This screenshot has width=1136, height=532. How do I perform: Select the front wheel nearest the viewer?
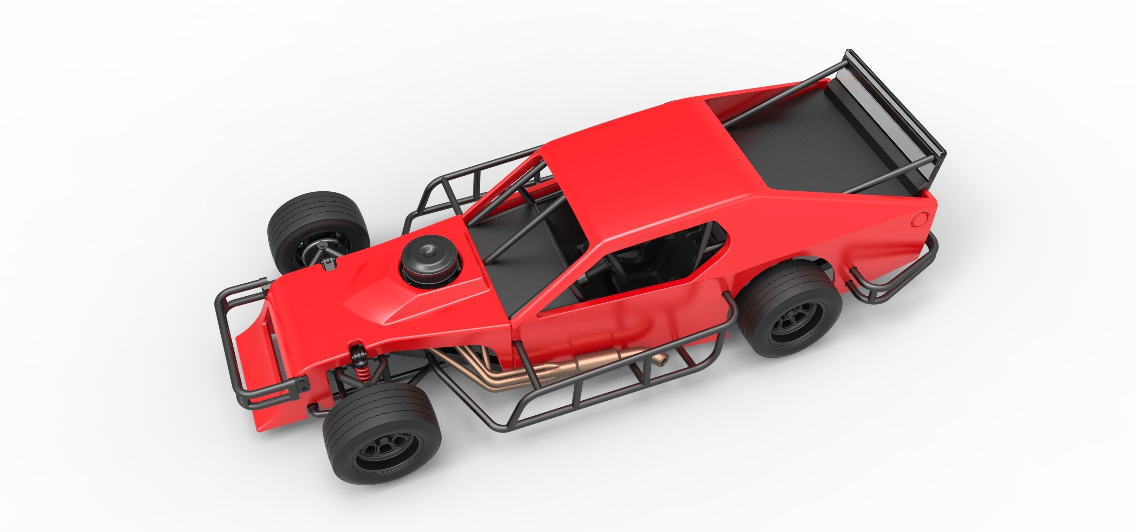click(382, 432)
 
